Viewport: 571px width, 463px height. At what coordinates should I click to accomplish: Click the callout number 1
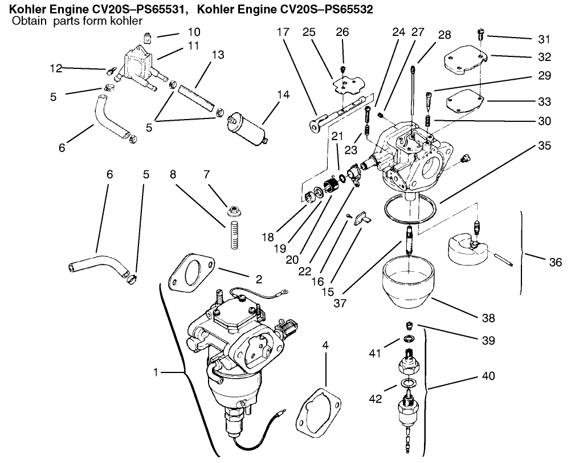156,373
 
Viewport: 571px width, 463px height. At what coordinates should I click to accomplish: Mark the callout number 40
488,376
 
